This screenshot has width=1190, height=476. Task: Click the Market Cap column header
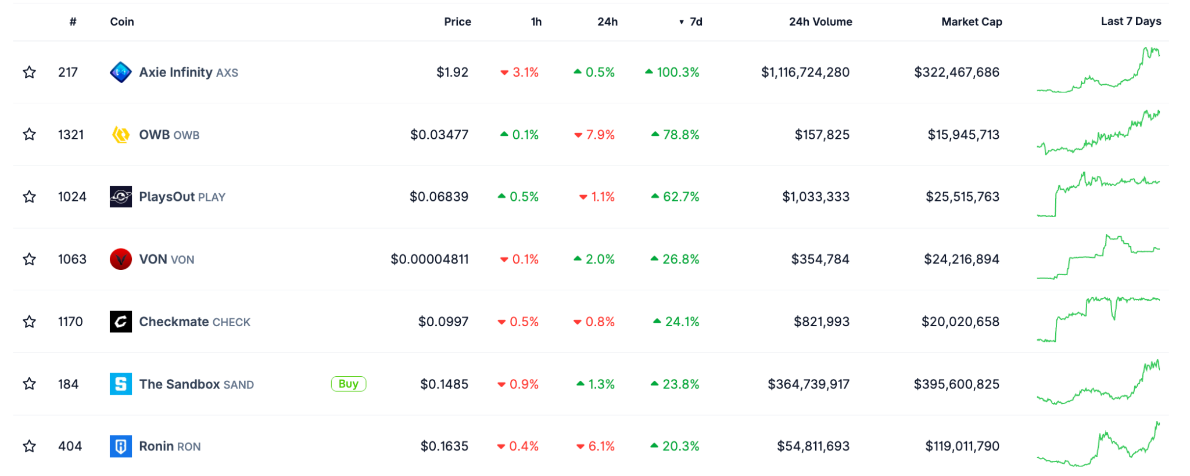click(x=972, y=21)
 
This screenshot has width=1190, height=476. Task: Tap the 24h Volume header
click(x=820, y=21)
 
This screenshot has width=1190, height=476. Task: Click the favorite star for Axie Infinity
click(x=29, y=73)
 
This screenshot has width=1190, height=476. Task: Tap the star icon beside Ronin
click(x=29, y=446)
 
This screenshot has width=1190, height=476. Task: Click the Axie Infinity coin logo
click(x=120, y=73)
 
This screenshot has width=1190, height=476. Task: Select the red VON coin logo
click(x=120, y=259)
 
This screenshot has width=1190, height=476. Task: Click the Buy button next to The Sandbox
click(x=348, y=384)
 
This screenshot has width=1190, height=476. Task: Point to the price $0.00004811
click(x=429, y=259)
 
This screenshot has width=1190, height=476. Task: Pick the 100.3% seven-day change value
click(x=678, y=73)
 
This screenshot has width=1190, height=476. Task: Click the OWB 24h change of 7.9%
click(x=600, y=135)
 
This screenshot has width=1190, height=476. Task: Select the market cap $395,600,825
click(x=956, y=384)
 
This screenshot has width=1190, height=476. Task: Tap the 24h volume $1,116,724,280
click(x=805, y=73)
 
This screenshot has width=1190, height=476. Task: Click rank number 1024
click(x=72, y=197)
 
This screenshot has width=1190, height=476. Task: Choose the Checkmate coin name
click(x=174, y=322)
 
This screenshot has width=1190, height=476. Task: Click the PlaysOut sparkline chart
click(x=1098, y=194)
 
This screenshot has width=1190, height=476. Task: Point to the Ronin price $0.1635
click(x=444, y=446)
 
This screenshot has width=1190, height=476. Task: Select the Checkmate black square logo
click(x=120, y=322)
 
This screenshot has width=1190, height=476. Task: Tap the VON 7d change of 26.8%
click(x=680, y=259)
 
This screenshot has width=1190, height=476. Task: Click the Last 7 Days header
click(x=1131, y=21)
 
